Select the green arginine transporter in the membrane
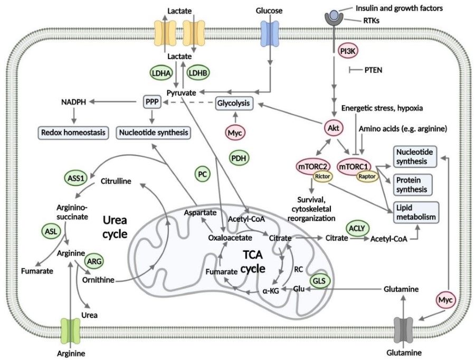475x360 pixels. pos(70,330)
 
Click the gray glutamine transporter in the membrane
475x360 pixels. pos(404,330)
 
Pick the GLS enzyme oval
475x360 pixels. pos(320,281)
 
